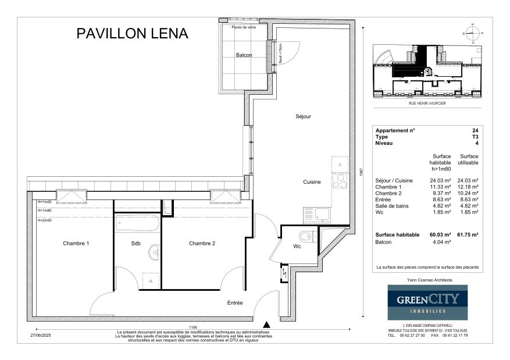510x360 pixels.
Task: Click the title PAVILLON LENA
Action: click(x=133, y=34)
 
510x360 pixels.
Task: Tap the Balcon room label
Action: click(x=244, y=55)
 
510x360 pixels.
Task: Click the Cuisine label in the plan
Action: click(x=312, y=182)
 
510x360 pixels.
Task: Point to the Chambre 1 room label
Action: click(x=76, y=243)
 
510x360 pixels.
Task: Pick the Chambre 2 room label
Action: click(x=202, y=243)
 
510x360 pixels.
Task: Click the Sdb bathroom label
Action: click(x=136, y=243)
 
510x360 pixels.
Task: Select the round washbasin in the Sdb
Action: click(x=154, y=252)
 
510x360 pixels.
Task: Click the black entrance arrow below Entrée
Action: click(x=266, y=325)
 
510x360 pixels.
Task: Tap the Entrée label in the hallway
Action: click(x=235, y=303)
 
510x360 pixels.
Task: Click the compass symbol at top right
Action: click(x=474, y=33)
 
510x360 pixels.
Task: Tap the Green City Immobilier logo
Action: click(x=428, y=302)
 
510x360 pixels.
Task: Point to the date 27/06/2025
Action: click(x=41, y=335)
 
